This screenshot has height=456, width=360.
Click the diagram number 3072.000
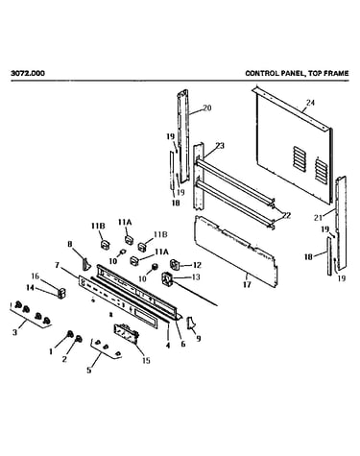(28, 73)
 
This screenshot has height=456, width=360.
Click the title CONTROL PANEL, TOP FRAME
(297, 73)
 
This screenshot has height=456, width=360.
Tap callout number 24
(310, 103)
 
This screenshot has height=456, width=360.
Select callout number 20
(207, 108)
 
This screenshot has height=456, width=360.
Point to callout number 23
(220, 146)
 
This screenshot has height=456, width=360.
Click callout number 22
(286, 215)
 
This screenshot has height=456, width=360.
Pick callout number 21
(318, 218)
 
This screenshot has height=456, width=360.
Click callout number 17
(247, 284)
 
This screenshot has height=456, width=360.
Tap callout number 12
(197, 265)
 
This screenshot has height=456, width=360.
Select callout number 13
(195, 276)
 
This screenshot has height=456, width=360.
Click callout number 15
(146, 361)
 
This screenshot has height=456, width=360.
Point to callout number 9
(199, 338)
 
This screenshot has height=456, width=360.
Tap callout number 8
(70, 245)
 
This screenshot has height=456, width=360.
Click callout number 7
(57, 265)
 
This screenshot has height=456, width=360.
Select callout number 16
(35, 276)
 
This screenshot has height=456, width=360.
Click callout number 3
(14, 332)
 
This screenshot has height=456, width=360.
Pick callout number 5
(89, 370)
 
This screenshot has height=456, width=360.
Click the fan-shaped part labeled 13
(167, 279)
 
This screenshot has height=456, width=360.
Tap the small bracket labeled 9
(190, 323)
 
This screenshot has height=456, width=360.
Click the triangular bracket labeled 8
(86, 264)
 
